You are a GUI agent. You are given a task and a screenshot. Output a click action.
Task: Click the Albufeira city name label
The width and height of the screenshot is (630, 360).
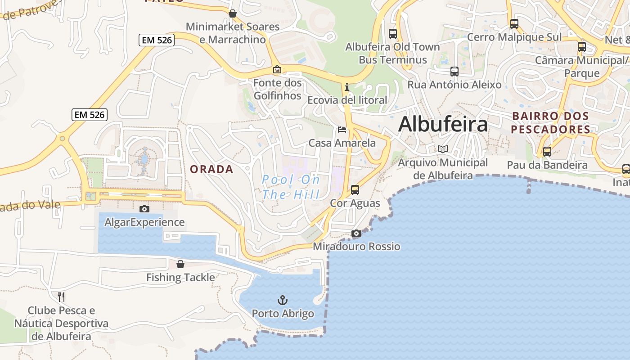[x=443, y=124]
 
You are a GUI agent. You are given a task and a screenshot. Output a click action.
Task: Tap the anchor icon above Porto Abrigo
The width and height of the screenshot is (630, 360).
[x=282, y=300]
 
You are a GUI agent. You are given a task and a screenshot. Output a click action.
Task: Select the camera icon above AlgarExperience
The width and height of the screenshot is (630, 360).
[x=144, y=209]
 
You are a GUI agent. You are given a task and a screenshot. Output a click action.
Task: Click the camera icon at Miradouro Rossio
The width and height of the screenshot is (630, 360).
[x=356, y=233]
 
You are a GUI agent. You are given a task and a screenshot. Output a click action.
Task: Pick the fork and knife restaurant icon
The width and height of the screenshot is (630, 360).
[x=61, y=297]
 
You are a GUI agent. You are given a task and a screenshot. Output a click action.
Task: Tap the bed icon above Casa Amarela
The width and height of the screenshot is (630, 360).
[x=342, y=130]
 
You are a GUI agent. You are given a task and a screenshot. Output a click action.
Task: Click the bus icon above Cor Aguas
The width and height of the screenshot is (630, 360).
[x=355, y=189]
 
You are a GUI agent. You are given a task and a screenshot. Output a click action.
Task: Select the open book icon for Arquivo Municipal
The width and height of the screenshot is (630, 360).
[x=443, y=149]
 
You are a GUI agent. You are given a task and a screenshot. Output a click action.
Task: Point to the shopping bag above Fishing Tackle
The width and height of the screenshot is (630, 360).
[x=180, y=264]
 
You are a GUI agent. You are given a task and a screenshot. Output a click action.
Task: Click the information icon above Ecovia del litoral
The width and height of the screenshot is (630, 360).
[x=347, y=87]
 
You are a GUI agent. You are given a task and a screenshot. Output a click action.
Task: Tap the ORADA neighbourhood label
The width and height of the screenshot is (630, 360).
[x=211, y=169]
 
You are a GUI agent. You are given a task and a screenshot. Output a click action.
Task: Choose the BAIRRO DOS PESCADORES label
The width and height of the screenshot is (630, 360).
[x=551, y=122]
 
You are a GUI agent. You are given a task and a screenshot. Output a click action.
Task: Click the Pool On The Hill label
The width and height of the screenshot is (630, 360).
[x=291, y=187]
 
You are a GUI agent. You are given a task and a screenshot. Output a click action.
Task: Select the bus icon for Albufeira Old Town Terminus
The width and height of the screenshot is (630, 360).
[x=392, y=33]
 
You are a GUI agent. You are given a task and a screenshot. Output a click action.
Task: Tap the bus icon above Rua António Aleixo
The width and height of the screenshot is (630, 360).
[x=454, y=71]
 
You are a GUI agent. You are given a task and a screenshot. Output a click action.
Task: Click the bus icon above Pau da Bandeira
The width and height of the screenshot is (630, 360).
[x=547, y=152]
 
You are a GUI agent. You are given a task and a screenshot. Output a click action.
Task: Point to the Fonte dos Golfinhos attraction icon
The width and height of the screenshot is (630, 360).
[x=277, y=69]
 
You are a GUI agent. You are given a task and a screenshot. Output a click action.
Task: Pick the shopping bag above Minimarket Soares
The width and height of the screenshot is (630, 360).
[x=233, y=13]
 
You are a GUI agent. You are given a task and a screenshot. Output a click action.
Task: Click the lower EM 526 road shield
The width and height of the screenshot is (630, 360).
[x=90, y=115]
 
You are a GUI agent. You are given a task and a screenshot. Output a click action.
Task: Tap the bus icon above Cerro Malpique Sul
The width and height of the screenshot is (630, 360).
[x=514, y=23]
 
